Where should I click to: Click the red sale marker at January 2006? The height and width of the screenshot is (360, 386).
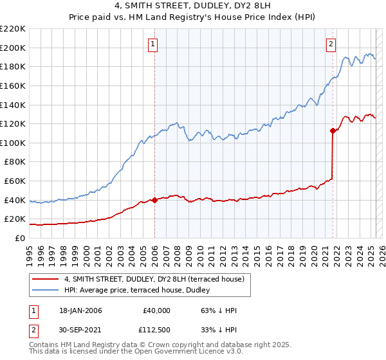tap(154, 200)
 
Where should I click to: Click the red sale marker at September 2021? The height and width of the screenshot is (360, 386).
tap(333, 130)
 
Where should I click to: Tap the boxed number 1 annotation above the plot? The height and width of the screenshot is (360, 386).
tap(153, 44)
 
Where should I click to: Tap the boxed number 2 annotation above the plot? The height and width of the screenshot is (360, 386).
tap(331, 44)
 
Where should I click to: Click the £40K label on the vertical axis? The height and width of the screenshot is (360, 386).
tap(15, 200)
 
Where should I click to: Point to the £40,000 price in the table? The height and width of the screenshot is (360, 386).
tap(156, 310)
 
